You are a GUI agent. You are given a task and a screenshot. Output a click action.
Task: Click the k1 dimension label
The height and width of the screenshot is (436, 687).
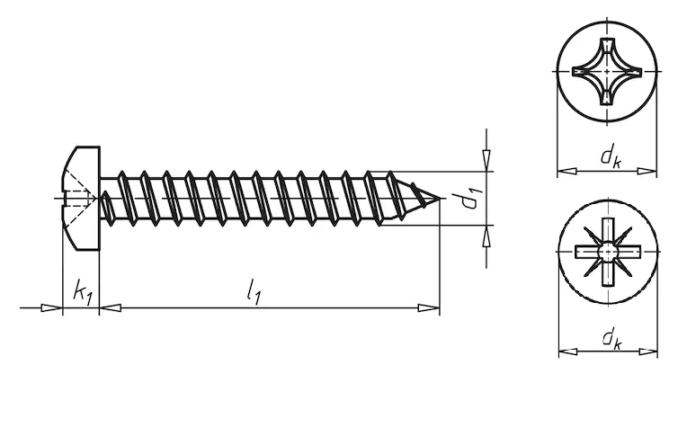point(82,292)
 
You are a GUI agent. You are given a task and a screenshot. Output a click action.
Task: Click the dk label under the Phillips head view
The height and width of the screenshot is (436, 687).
point(611,157)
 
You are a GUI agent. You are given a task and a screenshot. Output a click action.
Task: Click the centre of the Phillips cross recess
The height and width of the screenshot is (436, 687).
point(609,70)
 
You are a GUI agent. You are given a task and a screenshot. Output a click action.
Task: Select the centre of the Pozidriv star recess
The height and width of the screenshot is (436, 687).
point(609,250)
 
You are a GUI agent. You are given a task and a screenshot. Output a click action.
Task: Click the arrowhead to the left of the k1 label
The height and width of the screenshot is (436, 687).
point(53,308)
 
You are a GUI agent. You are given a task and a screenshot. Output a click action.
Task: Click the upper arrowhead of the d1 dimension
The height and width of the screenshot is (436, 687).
point(486,160)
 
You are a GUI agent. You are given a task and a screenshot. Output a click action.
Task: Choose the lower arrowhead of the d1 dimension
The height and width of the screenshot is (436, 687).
point(486,235)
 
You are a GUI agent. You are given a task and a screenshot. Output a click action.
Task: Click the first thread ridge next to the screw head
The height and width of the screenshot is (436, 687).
point(107,199)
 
